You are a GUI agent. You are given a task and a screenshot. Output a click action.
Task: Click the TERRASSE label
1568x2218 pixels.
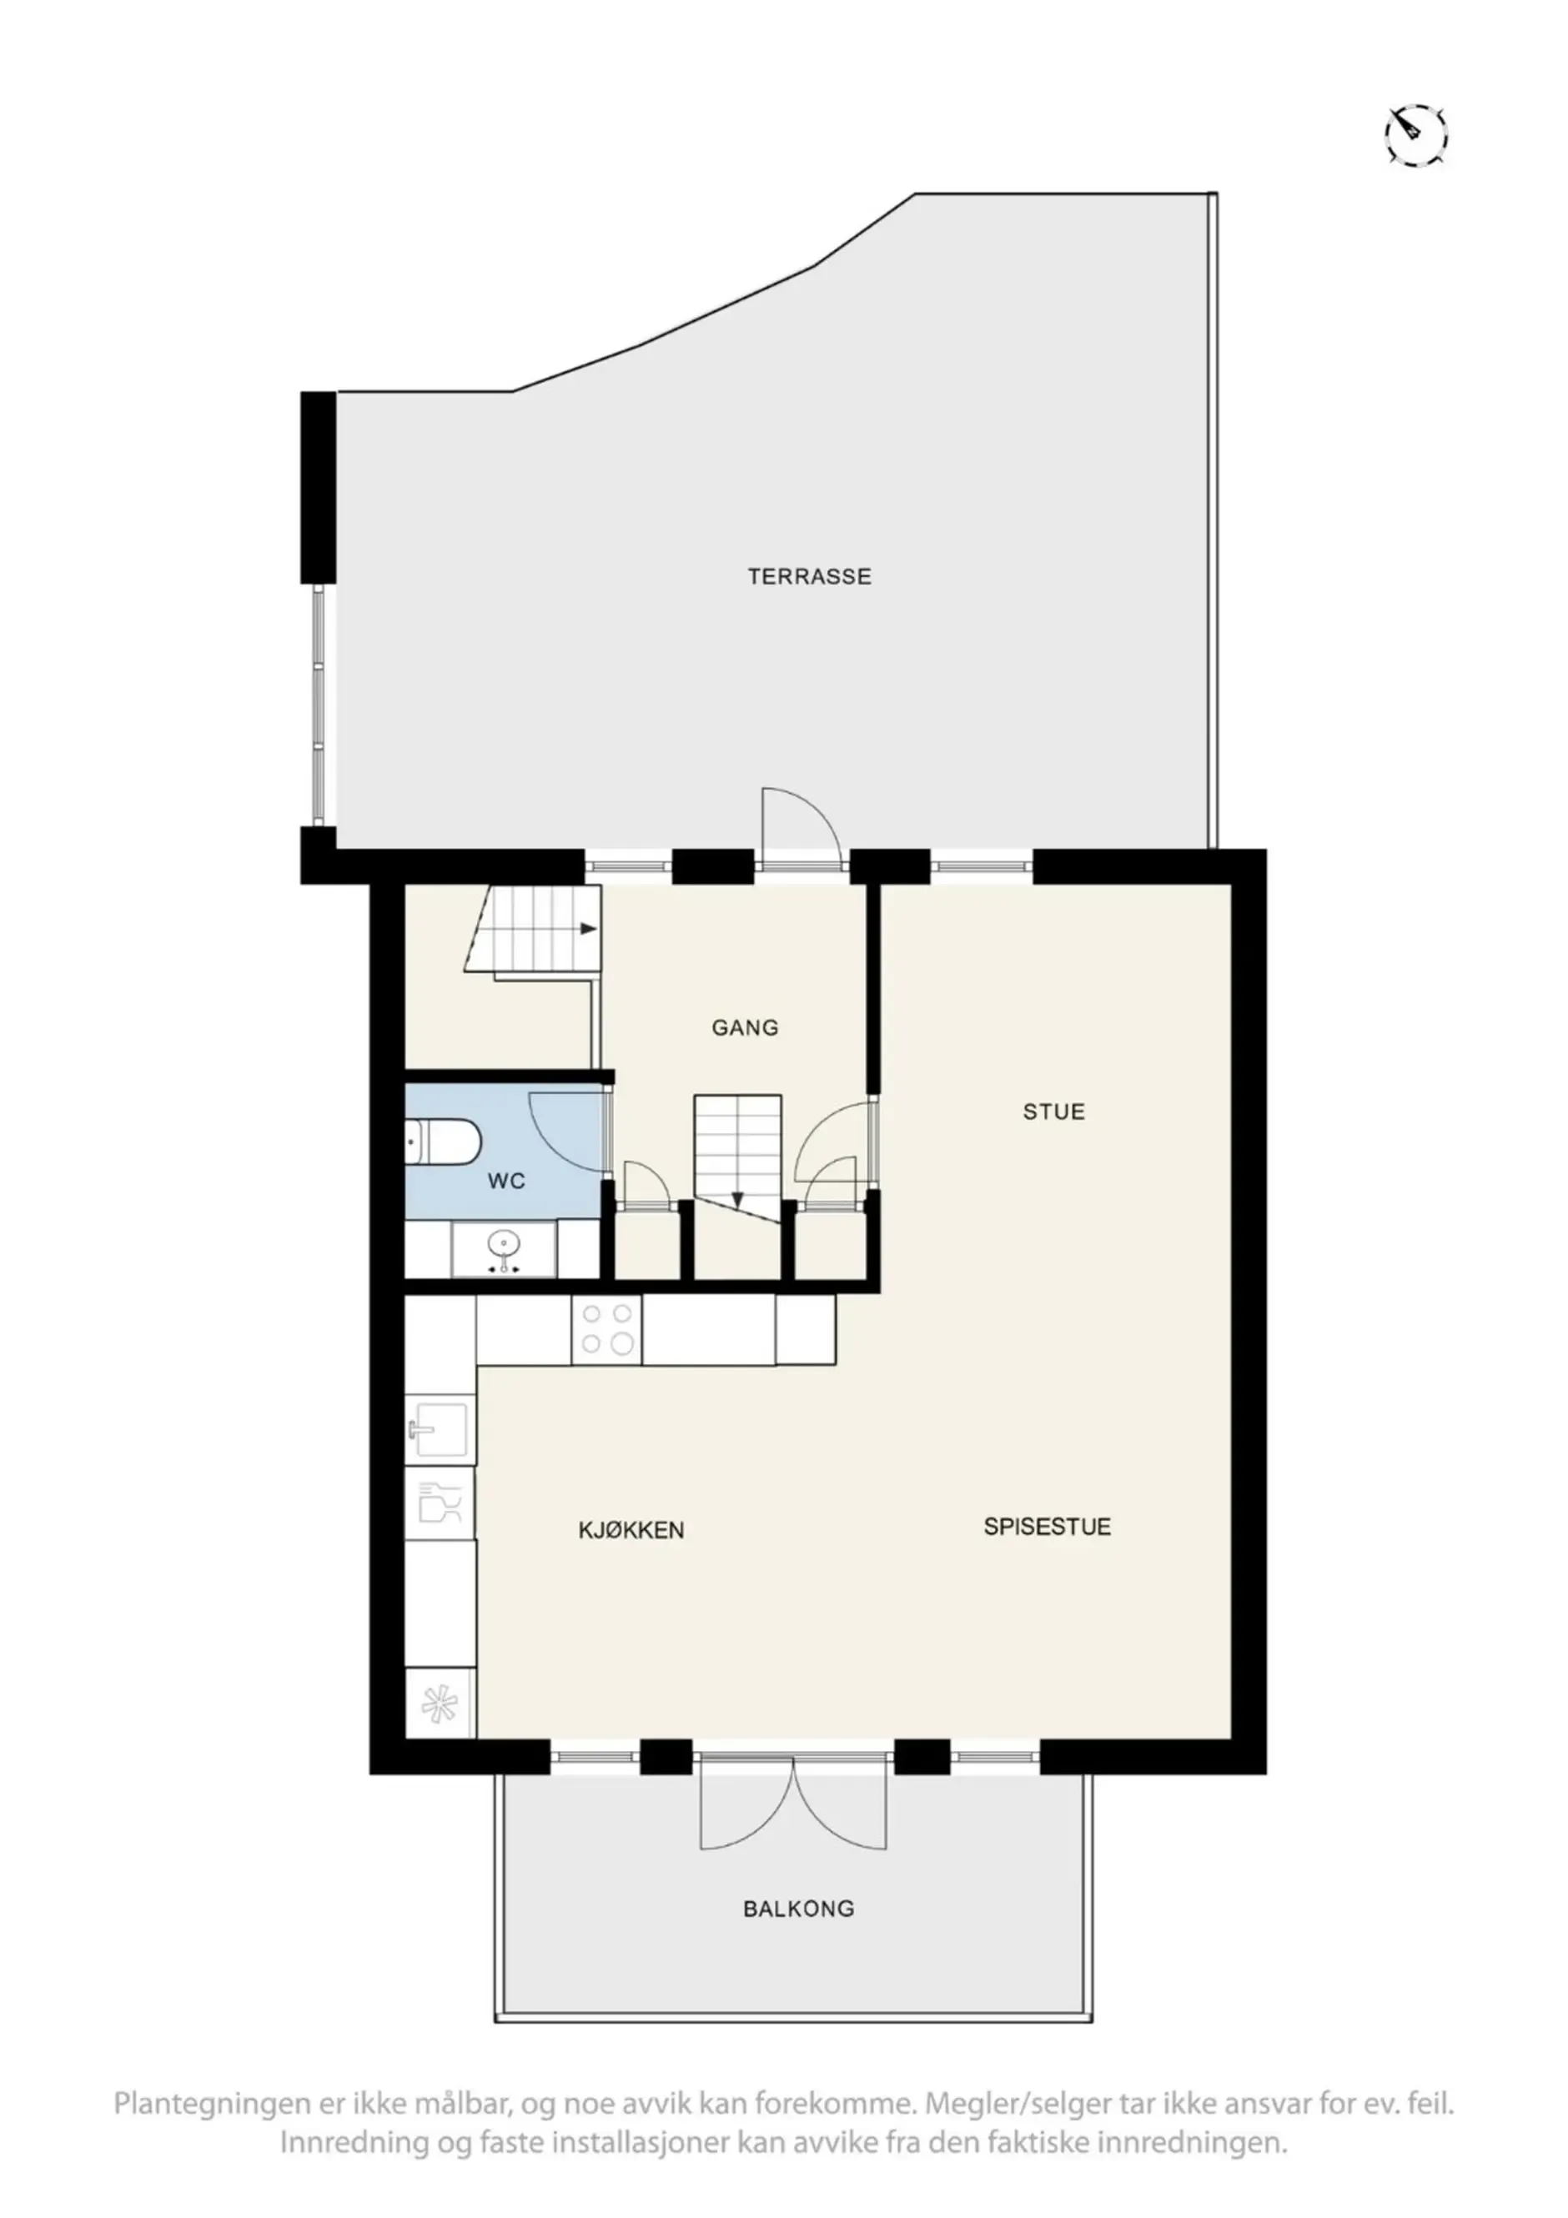tap(809, 577)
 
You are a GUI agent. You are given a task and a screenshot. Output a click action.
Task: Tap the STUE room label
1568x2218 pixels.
tap(1054, 1112)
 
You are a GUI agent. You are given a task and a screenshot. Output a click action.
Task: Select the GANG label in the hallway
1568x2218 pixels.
tap(745, 1028)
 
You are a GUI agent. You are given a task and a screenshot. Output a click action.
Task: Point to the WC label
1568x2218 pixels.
tap(506, 1181)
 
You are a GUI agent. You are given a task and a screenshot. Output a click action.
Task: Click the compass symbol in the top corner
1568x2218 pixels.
tap(1416, 133)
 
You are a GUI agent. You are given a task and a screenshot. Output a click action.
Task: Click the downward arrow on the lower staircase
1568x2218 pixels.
tap(737, 1201)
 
